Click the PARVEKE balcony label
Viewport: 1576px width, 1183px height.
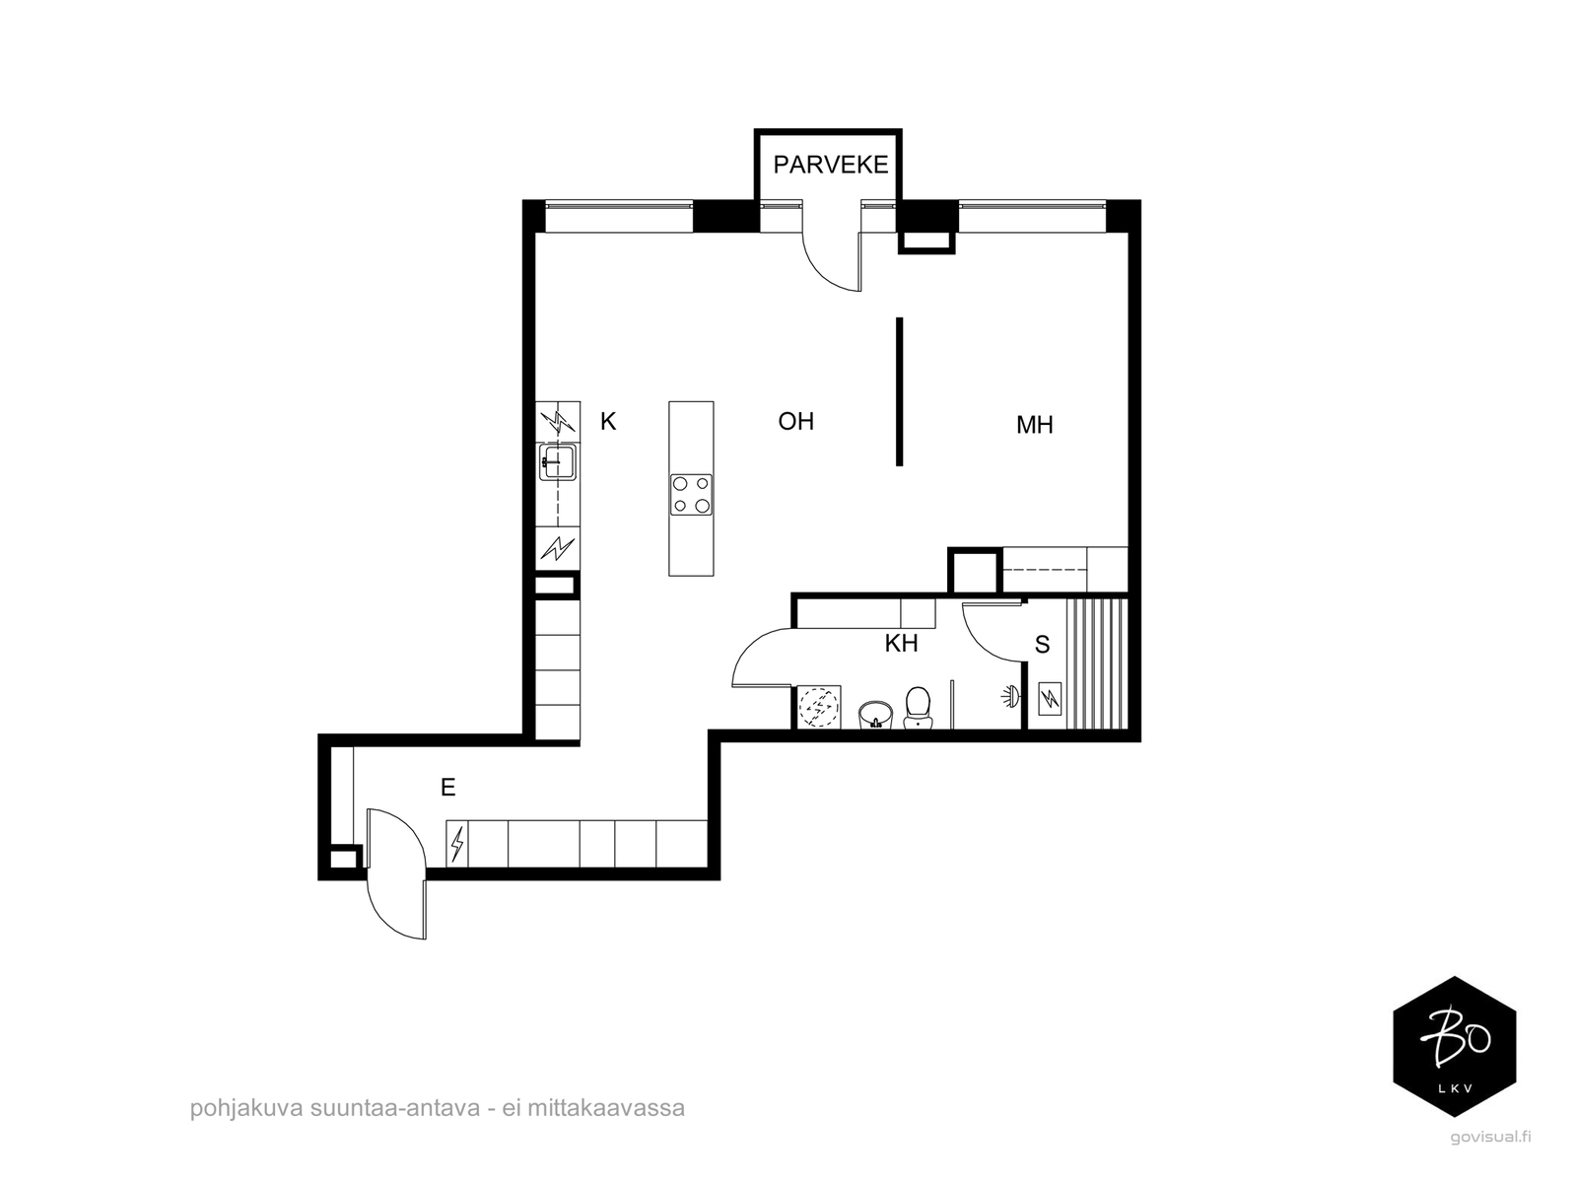click(x=830, y=165)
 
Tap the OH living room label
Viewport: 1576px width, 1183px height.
click(x=795, y=421)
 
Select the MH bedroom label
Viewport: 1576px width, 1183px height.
click(x=1034, y=425)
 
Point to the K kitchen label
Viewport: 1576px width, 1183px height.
click(x=607, y=421)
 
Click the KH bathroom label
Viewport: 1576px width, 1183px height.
click(x=901, y=643)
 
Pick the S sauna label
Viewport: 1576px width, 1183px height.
click(x=1042, y=645)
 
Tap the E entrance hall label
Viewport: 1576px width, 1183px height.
click(x=447, y=788)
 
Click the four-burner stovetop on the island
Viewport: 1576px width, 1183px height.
click(x=691, y=495)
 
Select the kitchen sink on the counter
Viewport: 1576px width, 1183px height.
click(x=558, y=461)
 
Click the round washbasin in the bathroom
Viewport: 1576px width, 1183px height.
click(x=875, y=715)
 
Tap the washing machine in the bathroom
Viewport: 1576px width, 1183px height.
click(x=818, y=707)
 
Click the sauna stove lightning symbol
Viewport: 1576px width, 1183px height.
click(x=1050, y=698)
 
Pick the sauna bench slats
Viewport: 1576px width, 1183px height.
click(x=1097, y=664)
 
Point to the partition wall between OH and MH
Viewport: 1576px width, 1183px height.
click(x=899, y=392)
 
